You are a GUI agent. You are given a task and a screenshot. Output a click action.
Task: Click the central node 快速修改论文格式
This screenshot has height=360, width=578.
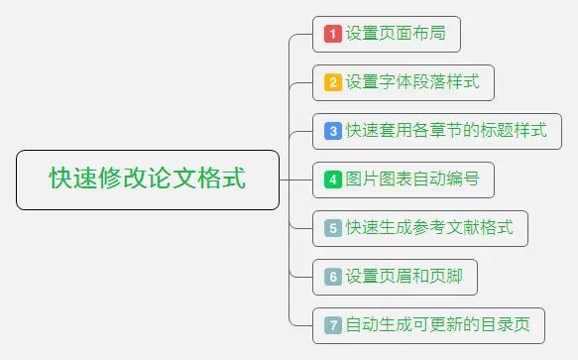pos(148,180)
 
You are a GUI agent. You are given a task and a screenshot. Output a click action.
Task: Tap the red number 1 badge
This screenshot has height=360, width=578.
pos(333,34)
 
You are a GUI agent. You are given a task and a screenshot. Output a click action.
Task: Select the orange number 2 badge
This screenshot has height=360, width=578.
pos(333,82)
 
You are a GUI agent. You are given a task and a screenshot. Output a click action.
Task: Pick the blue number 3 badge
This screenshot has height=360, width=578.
pos(333,131)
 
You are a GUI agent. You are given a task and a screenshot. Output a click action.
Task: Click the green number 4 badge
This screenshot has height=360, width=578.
pos(333,180)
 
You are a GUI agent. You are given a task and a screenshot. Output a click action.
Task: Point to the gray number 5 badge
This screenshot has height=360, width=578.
pos(333,228)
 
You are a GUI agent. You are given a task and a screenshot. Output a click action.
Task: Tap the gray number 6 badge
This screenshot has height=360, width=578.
pos(333,277)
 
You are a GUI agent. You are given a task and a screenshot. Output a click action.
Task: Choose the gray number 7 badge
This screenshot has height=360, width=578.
pos(333,324)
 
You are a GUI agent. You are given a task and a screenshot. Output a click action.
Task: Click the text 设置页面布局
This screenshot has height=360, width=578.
pos(396,34)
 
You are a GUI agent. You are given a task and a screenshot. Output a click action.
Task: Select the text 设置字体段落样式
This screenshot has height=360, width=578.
pos(412,82)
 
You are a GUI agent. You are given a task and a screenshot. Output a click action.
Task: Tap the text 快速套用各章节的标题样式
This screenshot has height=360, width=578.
pos(446,131)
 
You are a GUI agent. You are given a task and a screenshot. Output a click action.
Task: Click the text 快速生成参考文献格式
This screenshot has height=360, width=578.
pos(429,228)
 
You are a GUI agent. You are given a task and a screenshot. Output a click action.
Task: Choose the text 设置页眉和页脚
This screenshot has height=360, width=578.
pos(404,277)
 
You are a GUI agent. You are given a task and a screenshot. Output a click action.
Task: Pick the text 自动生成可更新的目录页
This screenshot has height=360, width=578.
pos(437,324)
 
